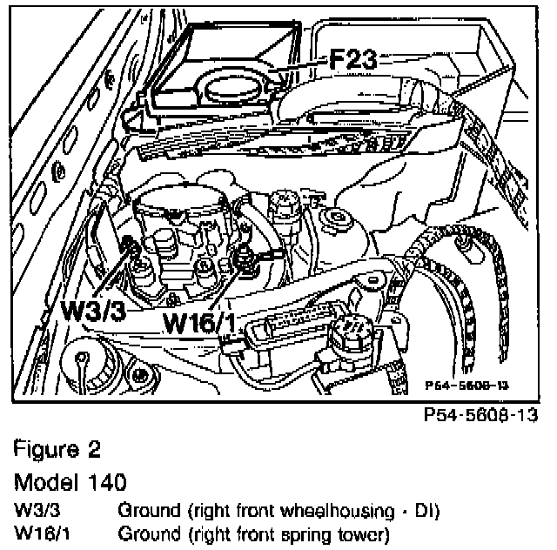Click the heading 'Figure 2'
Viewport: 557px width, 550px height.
click(57, 451)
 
